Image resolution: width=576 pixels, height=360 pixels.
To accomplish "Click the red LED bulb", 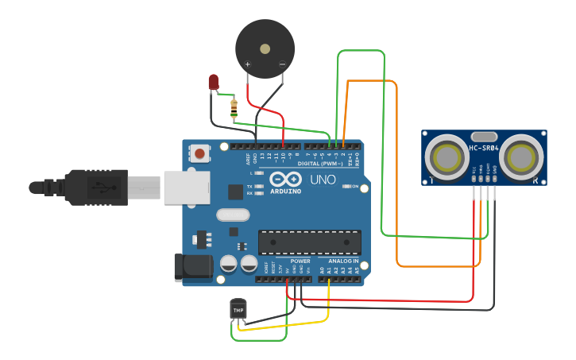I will (x=213, y=81).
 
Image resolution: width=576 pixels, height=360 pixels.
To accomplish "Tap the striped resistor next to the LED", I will (x=234, y=108).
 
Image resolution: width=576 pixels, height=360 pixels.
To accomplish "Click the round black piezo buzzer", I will (x=265, y=48).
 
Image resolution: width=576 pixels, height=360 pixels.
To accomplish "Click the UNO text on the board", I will (x=323, y=180).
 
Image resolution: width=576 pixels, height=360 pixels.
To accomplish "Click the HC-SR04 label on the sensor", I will (x=484, y=148).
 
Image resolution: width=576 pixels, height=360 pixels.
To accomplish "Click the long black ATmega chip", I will (x=310, y=242).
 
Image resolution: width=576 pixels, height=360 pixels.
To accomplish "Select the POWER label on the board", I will (x=300, y=261).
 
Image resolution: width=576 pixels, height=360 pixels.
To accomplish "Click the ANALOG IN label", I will (x=338, y=261).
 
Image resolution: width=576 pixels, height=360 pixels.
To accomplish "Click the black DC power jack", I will (x=193, y=267).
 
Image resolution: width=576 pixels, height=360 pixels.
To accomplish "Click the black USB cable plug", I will (x=95, y=188).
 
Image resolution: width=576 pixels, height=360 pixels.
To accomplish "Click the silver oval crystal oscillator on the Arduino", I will (x=232, y=215).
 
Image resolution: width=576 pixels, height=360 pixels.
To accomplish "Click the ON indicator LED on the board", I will (x=346, y=187).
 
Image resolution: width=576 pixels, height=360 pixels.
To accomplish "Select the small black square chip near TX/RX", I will (x=235, y=192).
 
